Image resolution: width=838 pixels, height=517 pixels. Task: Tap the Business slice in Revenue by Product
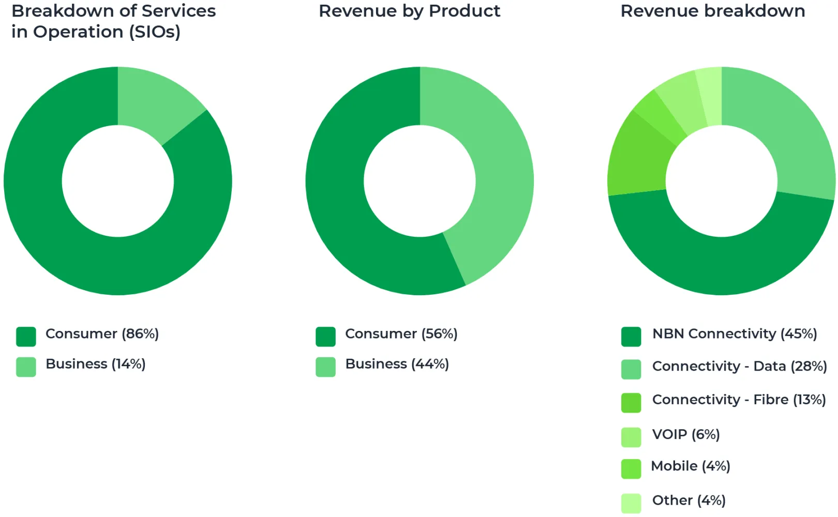pos(491,171)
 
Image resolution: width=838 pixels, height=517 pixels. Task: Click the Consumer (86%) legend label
pos(102,334)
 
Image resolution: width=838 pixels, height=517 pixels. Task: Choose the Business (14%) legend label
pos(96,364)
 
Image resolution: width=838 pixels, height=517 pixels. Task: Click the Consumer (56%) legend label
pos(401,334)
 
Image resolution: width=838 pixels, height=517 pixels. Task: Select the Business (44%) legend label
pos(397,364)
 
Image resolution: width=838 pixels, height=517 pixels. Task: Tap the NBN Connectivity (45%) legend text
pos(735,334)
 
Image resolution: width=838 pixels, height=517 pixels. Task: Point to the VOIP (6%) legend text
pos(686,434)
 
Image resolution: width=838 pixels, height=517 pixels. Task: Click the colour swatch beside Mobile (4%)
pos(631,469)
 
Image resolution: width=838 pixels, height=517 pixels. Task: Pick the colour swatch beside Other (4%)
pos(631,503)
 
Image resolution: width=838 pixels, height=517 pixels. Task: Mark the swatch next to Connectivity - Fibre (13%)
pos(631,403)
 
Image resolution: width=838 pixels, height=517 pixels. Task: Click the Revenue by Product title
pos(409,11)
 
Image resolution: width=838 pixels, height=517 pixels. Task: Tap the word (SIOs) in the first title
pos(154,32)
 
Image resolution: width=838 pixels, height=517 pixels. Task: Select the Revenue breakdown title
pos(712,11)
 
